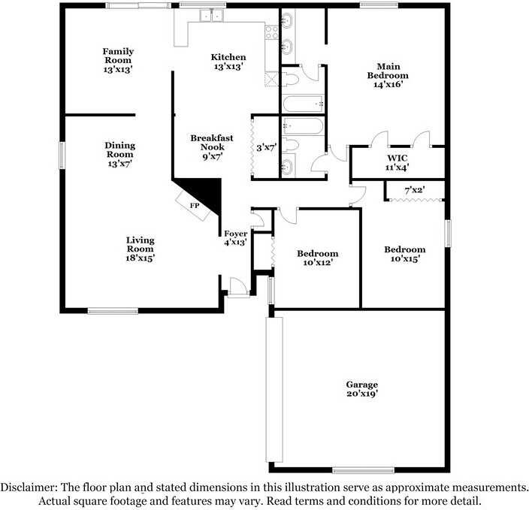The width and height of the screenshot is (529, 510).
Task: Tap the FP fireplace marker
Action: (x=194, y=205)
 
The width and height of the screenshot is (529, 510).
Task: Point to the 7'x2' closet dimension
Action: (x=415, y=190)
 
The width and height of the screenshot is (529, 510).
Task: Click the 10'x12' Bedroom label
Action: (x=317, y=258)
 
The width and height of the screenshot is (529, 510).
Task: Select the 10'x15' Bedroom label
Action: (x=404, y=254)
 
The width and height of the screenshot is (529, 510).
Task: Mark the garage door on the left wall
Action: (x=275, y=389)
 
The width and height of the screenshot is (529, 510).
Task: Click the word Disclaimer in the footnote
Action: (x=27, y=487)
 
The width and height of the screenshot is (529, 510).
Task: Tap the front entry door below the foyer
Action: (x=237, y=288)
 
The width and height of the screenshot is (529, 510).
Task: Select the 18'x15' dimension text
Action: (x=140, y=258)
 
